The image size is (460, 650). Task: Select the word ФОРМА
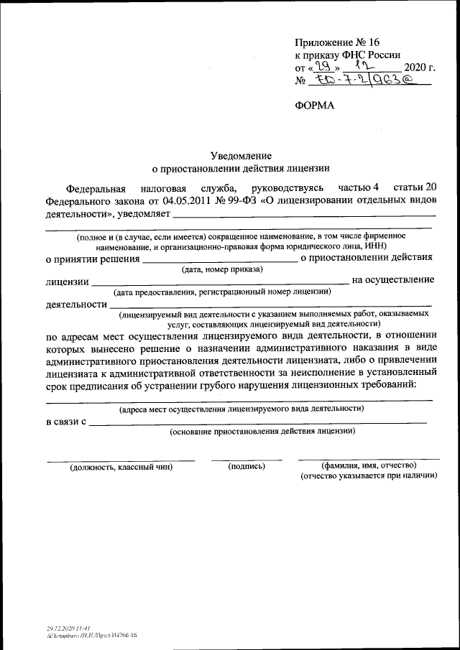(314, 106)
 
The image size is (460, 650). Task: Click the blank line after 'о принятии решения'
(220, 260)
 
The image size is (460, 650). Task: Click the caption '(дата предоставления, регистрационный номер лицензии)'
(222, 292)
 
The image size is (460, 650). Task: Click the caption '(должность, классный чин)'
(121, 468)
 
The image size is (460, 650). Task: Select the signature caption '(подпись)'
(247, 467)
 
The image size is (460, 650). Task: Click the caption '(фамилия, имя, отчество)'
(369, 465)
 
